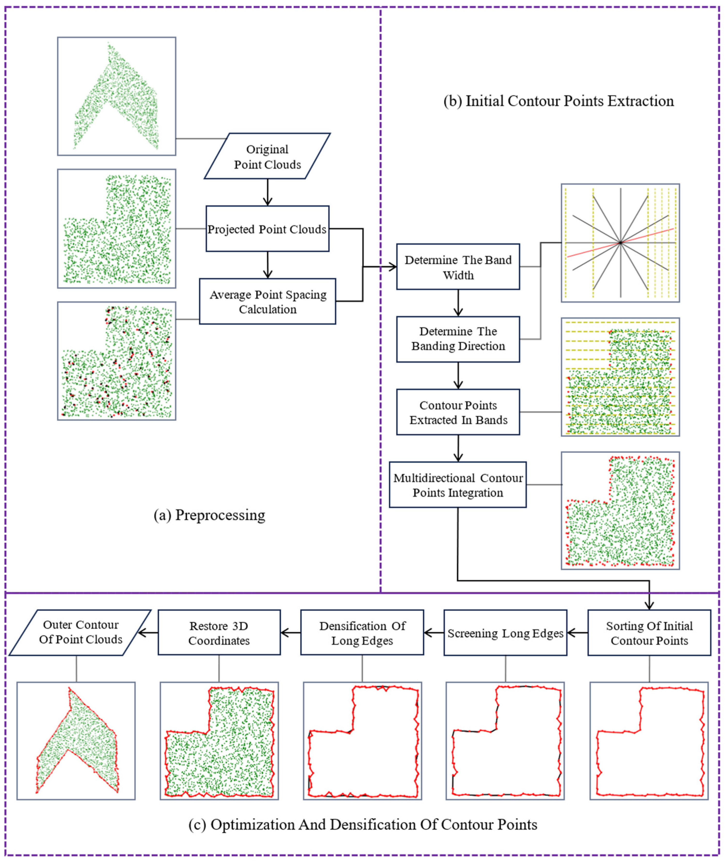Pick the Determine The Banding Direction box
(x=458, y=339)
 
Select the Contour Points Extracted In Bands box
(x=458, y=412)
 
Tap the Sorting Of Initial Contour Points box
(x=649, y=633)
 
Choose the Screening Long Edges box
(x=505, y=633)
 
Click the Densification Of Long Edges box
(x=362, y=633)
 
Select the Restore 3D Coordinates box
(x=219, y=633)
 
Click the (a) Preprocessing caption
(x=209, y=515)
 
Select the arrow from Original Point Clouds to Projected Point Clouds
(x=268, y=192)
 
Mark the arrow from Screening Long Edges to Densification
(x=434, y=633)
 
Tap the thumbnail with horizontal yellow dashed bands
(x=620, y=377)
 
